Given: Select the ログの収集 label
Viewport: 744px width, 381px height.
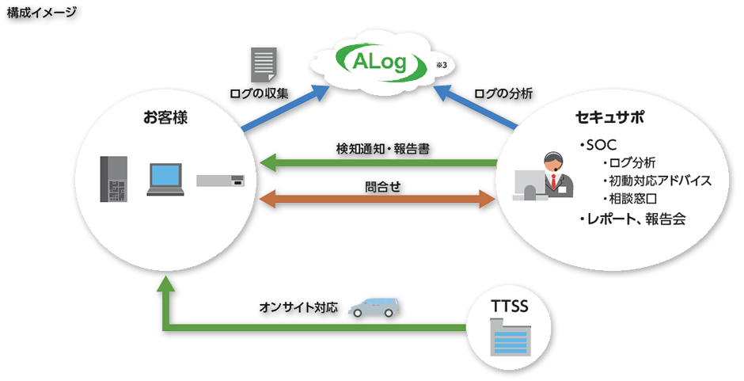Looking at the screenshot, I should coord(260,93).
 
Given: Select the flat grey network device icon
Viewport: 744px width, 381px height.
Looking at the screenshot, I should coord(221,180).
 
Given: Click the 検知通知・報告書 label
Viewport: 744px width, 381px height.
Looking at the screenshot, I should coord(383,148).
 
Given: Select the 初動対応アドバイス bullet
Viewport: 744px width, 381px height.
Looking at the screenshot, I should coord(655,180).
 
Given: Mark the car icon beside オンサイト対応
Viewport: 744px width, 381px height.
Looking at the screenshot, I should coord(373,307).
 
